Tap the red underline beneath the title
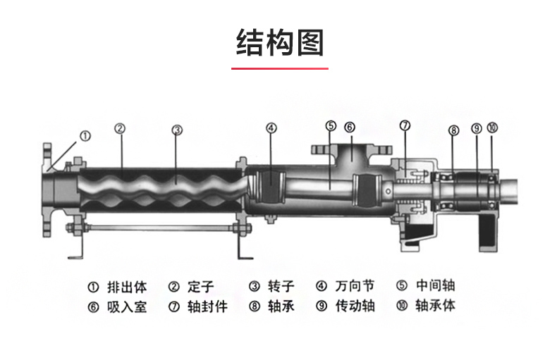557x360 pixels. [279, 69]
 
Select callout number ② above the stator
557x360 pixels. [120, 128]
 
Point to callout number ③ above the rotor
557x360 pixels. [177, 130]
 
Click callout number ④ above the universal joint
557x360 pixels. [271, 128]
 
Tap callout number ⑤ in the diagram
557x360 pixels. [331, 126]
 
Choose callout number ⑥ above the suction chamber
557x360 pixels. [350, 127]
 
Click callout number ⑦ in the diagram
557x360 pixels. [405, 125]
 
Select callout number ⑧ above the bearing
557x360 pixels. [453, 130]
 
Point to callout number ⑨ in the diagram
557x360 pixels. [476, 128]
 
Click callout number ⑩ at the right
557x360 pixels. [492, 128]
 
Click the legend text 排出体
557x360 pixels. [127, 287]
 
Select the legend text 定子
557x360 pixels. [200, 287]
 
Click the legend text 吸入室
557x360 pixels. [127, 306]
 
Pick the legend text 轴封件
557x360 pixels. [207, 306]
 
